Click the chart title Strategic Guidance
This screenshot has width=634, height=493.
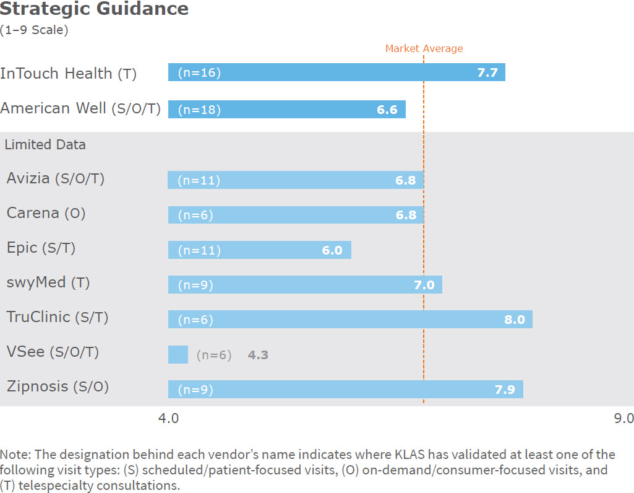coord(95,9)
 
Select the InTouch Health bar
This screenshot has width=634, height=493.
coord(336,72)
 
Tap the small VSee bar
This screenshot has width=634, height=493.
coord(178,355)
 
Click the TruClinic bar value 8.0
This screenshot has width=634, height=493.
coord(514,320)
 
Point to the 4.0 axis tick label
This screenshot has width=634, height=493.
coord(168,419)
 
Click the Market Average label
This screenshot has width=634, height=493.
coord(424,48)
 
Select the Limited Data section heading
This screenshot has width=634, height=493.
coord(45,145)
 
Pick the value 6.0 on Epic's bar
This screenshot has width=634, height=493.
coord(332,251)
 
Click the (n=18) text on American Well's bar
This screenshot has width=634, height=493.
coord(199,110)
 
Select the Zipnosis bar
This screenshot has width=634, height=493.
coord(345,390)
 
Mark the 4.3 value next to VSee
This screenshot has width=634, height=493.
coord(258,356)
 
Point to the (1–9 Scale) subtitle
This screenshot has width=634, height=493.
coord(34,29)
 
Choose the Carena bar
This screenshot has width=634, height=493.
coord(296,215)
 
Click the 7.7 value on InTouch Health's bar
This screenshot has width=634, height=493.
coord(487,73)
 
